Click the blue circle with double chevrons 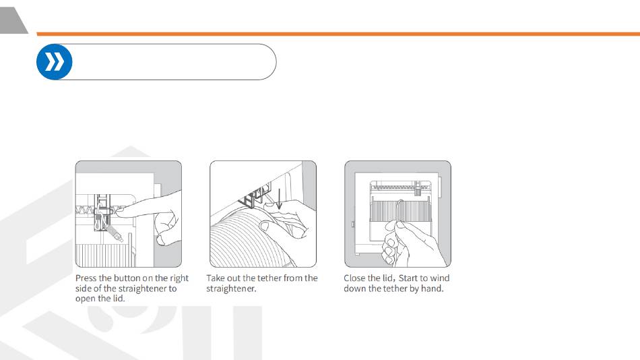coord(55,62)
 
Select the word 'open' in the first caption coord(84,299)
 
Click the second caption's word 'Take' coord(216,278)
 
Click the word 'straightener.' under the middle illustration coord(231,289)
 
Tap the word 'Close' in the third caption coord(354,278)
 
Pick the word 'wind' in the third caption coord(440,278)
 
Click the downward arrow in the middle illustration coord(279,199)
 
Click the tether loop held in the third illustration coord(400,212)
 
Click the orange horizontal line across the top coord(338,34)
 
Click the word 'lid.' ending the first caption coord(119,299)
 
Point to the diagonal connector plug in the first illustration coord(115,233)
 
